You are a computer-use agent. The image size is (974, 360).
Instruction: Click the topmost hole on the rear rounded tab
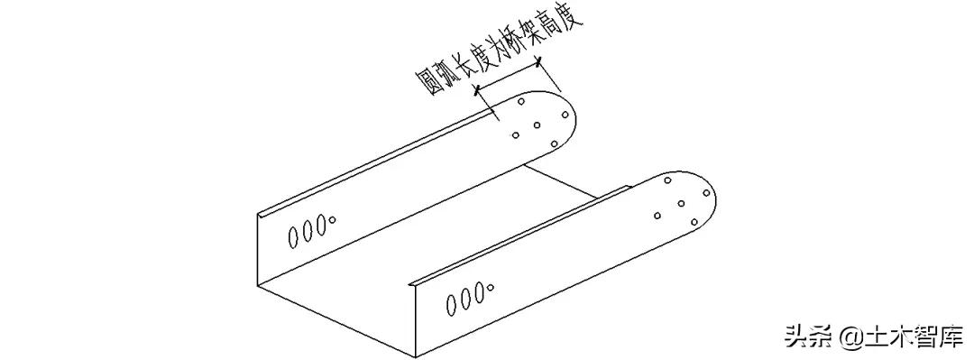(521, 104)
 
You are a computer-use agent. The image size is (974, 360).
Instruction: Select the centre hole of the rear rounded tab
(538, 125)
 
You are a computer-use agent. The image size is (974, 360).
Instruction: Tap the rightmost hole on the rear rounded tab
(563, 115)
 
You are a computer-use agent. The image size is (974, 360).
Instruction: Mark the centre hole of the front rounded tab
(682, 202)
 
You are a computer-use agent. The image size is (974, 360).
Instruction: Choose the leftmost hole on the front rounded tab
(658, 215)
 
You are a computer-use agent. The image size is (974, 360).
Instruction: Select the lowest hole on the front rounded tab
(694, 222)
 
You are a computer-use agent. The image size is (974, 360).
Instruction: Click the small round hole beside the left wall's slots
(332, 218)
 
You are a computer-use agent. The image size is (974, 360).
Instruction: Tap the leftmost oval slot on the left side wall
(294, 237)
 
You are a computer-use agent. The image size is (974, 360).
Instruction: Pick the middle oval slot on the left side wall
(307, 231)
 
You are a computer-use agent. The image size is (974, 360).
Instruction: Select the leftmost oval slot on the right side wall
(453, 306)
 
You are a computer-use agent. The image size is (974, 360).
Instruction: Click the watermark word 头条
(807, 337)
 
